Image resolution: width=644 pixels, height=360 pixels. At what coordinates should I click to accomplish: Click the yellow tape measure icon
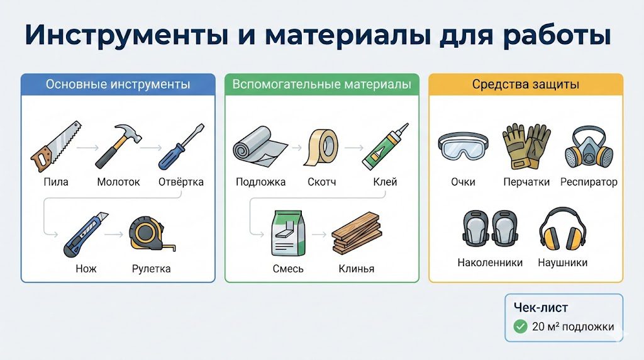[x=149, y=235]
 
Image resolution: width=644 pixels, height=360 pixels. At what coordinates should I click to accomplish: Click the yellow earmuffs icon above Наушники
[x=562, y=230]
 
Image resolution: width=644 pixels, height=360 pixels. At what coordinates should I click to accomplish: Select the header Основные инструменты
[x=118, y=84]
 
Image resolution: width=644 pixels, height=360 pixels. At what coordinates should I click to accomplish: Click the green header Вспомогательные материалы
[x=322, y=84]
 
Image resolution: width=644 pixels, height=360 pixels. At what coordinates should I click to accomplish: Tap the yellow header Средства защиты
[x=525, y=84]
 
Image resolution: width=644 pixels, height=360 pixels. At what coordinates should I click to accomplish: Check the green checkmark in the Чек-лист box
[x=520, y=327]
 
